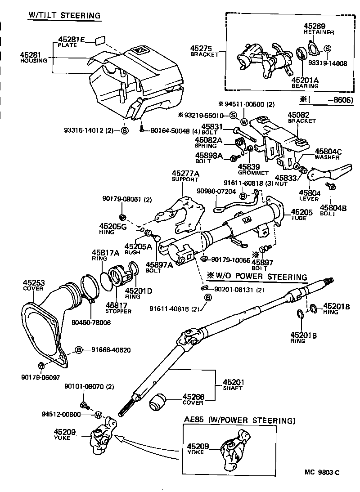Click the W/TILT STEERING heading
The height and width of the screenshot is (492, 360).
pyautogui.click(x=64, y=16)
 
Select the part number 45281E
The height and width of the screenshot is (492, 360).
pyautogui.click(x=72, y=40)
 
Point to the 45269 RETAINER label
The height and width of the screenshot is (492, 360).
pyautogui.click(x=319, y=29)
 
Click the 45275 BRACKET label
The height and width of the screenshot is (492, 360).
pyautogui.click(x=203, y=50)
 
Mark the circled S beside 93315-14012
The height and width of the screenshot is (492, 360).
pyautogui.click(x=125, y=131)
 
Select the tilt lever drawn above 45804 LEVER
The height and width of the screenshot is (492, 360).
pyautogui.click(x=333, y=171)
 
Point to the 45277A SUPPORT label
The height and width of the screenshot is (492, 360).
pyautogui.click(x=185, y=176)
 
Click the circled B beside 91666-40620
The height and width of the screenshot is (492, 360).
pyautogui.click(x=78, y=350)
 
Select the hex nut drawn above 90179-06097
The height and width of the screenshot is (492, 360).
pyautogui.click(x=41, y=365)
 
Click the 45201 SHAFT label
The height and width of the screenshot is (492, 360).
pyautogui.click(x=234, y=385)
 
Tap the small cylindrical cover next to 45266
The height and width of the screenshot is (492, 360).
pyautogui.click(x=158, y=401)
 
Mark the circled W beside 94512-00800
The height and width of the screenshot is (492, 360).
pyautogui.click(x=98, y=414)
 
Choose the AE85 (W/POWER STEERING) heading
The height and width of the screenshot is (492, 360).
pyautogui.click(x=239, y=420)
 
